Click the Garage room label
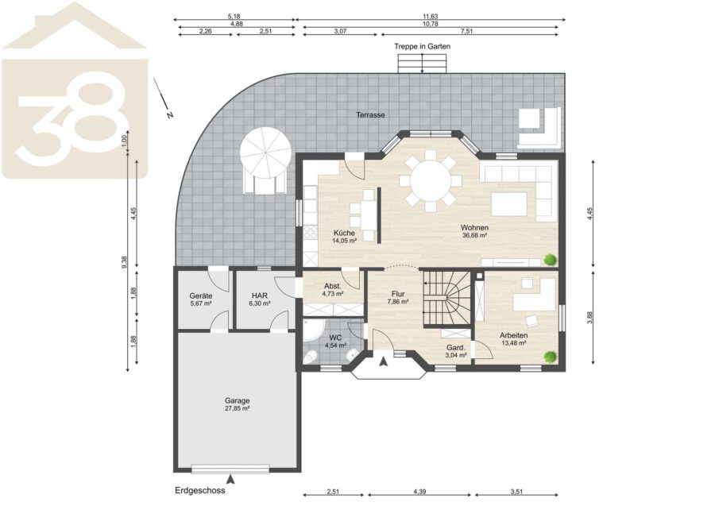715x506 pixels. click(x=237, y=400)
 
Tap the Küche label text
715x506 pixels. click(x=344, y=233)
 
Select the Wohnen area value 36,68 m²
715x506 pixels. click(x=475, y=236)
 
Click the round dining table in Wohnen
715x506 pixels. click(x=431, y=180)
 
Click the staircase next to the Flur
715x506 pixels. click(x=446, y=299)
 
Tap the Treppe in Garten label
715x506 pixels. click(x=423, y=47)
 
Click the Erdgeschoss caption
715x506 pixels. click(x=199, y=490)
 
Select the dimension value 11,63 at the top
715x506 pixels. click(x=430, y=17)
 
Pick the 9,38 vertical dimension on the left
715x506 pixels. click(x=125, y=262)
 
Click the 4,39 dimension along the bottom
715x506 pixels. click(x=419, y=492)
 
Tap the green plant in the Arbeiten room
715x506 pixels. click(x=551, y=357)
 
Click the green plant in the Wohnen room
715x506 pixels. click(x=551, y=260)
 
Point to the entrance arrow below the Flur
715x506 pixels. click(x=384, y=362)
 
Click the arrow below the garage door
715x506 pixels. click(x=231, y=479)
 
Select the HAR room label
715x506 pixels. click(x=260, y=295)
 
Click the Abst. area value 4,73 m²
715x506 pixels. click(x=332, y=294)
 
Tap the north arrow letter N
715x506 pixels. click(x=170, y=115)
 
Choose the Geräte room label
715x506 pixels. click(x=201, y=295)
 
